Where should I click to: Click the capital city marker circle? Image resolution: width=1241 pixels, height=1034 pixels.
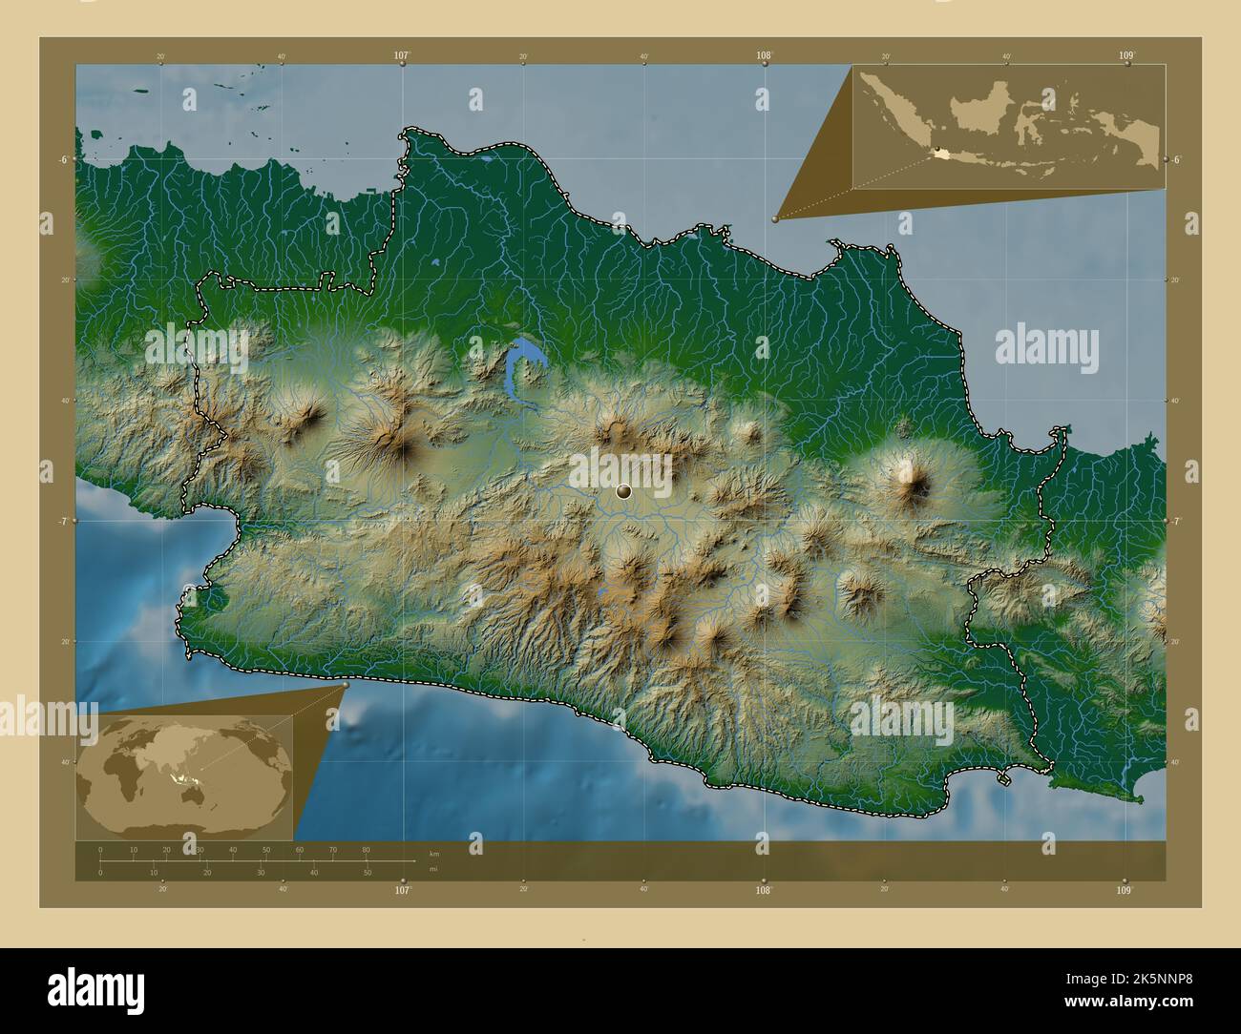pos(624,491)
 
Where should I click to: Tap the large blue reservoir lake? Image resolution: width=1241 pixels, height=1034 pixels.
pos(521,362)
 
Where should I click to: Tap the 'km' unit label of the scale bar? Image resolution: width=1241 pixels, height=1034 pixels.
pos(434,853)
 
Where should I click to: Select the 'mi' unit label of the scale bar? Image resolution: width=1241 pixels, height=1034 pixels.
pos(433,870)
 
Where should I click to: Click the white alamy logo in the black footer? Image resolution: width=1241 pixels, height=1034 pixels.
pos(95,990)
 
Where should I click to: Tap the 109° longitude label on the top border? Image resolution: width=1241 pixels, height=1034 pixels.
pos(1126,56)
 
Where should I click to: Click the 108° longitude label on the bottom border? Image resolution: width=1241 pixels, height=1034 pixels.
pos(764,890)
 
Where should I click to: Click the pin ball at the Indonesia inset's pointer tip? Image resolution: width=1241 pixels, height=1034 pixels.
pos(775,218)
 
